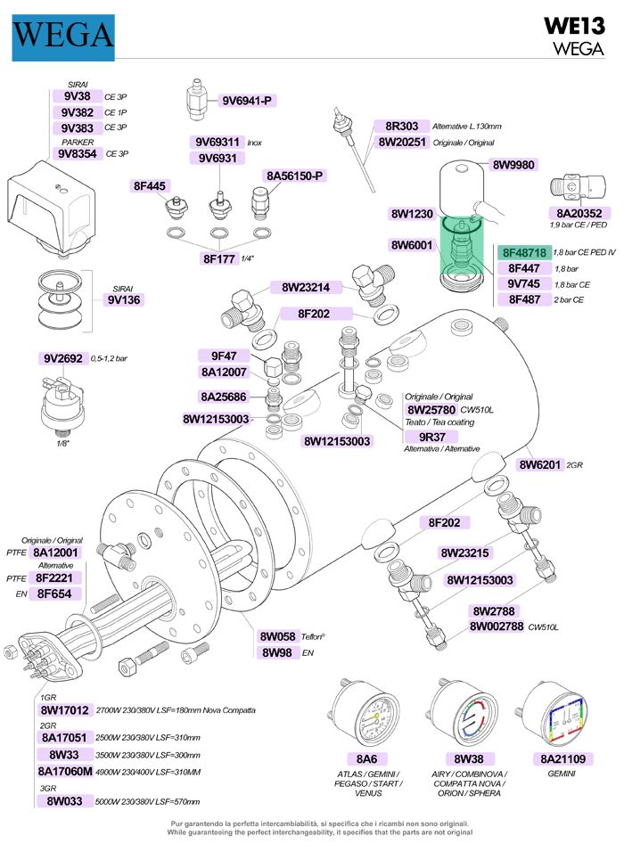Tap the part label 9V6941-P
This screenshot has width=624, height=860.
click(247, 100)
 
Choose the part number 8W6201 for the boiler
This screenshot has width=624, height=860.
click(541, 463)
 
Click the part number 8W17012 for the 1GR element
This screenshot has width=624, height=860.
click(64, 710)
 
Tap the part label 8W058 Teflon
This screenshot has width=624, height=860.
click(277, 636)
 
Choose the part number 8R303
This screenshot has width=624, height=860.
click(401, 127)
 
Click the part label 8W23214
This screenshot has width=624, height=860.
click(306, 288)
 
